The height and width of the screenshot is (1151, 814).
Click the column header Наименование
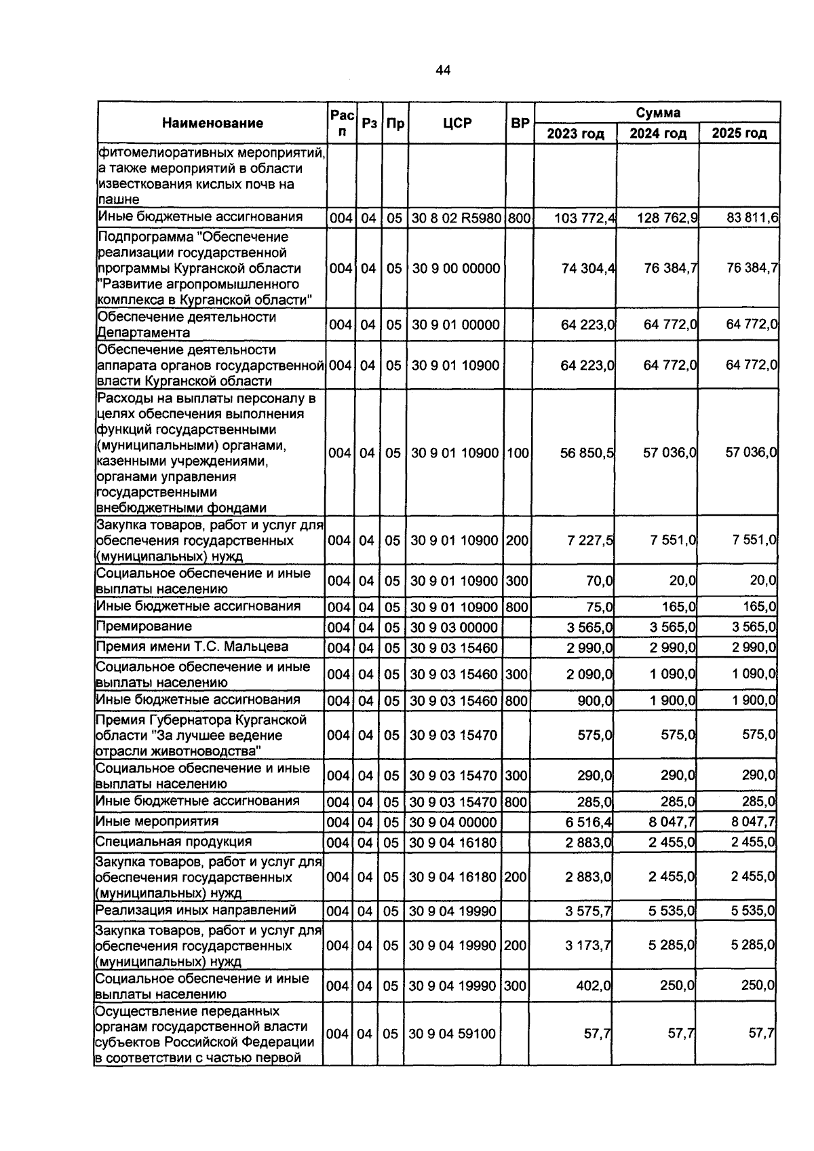212,123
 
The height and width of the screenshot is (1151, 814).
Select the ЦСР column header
457,123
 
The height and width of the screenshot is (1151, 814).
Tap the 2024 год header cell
657,133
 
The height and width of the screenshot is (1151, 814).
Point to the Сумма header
657,113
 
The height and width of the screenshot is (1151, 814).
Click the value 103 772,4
585,218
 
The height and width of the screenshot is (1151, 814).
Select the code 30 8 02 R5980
457,218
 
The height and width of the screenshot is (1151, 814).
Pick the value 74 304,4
588,268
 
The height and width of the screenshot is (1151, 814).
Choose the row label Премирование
144,626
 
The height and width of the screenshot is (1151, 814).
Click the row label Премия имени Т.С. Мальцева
192,647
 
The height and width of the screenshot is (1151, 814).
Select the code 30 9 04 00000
452,823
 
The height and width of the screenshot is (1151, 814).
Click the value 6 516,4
589,823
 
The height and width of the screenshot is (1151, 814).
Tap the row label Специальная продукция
173,842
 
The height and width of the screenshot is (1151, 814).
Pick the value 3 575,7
588,911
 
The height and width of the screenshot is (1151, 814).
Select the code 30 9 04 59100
452,1034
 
